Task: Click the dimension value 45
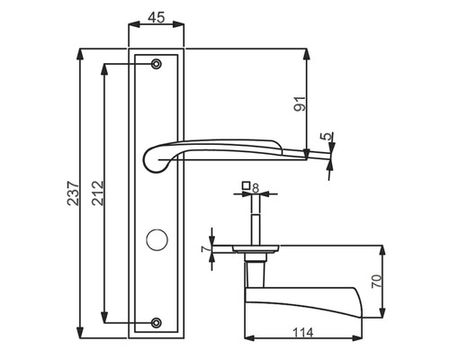coord(157,17)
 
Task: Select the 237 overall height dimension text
coord(74,193)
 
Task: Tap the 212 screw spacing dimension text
coord(98,193)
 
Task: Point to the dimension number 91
coord(300,104)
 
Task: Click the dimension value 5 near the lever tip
coord(326,136)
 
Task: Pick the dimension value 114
coord(303,332)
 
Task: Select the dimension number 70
coord(377,281)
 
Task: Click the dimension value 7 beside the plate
coord(205,249)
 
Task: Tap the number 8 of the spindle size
coord(256,188)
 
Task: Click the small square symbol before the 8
coord(246,185)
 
